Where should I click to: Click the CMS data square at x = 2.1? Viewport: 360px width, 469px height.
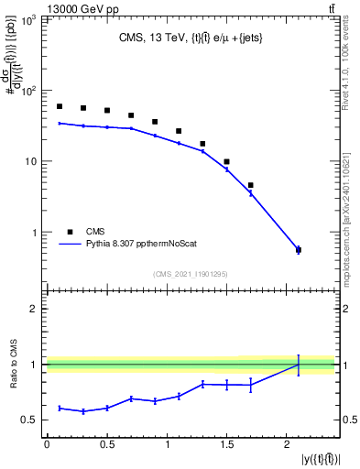[299, 249]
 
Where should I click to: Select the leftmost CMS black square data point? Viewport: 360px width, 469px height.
[60, 106]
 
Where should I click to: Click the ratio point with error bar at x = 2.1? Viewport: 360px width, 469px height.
[299, 365]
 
